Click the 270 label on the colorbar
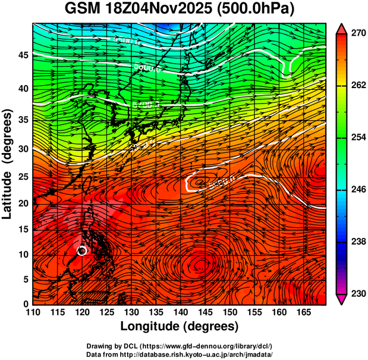(x=357, y=33)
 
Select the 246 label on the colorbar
(x=357, y=189)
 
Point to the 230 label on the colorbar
(x=357, y=293)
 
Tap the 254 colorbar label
(x=357, y=137)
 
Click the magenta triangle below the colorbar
(x=341, y=299)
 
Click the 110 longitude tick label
(x=33, y=312)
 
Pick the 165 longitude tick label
(x=302, y=312)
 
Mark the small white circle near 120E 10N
(x=82, y=251)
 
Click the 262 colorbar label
(x=357, y=86)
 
